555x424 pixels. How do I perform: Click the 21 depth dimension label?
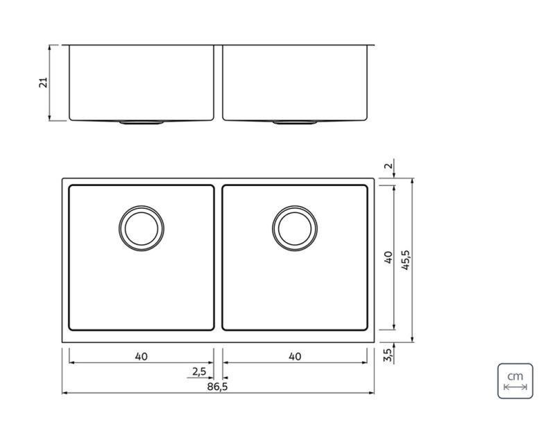click(43, 83)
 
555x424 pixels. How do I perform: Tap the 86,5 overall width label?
click(217, 387)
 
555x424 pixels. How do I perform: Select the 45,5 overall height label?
click(406, 260)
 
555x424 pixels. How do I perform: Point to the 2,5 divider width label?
click(199, 372)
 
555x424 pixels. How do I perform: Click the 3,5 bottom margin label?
click(388, 355)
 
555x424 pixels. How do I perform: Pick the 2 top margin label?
click(388, 165)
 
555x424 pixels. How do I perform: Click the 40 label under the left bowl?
click(141, 357)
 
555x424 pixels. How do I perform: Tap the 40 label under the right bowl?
click(294, 357)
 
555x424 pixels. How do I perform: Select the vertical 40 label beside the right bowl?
click(388, 257)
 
